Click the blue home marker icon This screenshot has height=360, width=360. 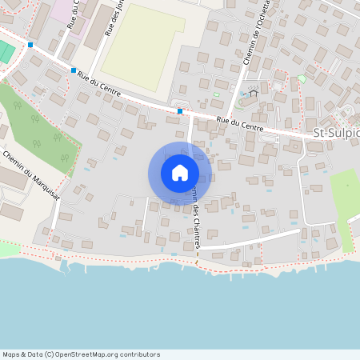[180, 173]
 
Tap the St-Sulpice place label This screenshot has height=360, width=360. [336, 133]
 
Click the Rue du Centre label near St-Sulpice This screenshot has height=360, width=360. [239, 124]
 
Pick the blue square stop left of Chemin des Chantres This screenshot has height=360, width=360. [180, 111]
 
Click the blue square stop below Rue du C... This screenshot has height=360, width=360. [74, 70]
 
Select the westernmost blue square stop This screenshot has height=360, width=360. [30, 45]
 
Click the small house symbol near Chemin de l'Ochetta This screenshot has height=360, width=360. [254, 93]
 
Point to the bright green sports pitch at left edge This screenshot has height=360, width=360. [6, 53]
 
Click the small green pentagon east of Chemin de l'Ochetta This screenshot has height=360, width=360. [302, 78]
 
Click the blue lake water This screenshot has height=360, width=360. [180, 312]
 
